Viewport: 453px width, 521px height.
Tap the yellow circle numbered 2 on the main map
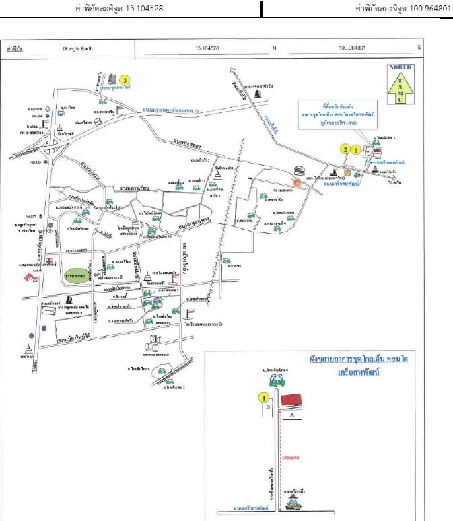[345, 149]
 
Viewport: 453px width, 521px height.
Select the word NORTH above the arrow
[400, 67]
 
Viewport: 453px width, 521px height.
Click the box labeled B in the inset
[268, 407]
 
